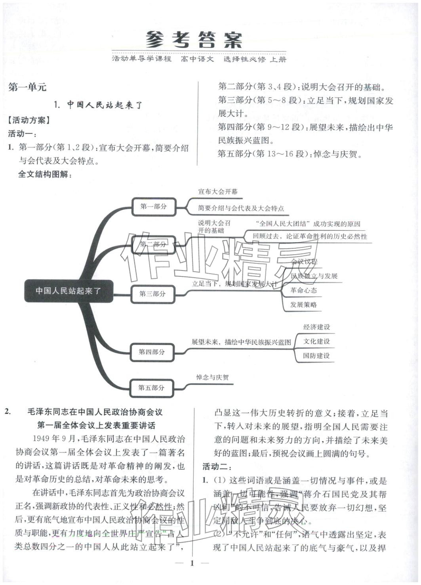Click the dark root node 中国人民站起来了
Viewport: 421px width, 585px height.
click(x=69, y=291)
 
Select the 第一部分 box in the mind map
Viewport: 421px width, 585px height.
click(x=154, y=206)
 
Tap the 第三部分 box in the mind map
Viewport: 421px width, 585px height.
click(x=152, y=294)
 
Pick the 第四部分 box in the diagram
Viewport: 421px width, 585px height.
click(x=152, y=352)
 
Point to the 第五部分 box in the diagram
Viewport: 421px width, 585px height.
click(x=151, y=387)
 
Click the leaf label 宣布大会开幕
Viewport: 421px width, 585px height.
click(x=218, y=192)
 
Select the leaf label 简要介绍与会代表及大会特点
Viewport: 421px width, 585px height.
click(x=241, y=208)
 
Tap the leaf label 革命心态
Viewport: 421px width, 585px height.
click(x=303, y=290)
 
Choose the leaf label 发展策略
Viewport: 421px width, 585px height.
click(x=303, y=305)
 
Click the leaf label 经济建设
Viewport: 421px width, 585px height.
click(x=316, y=327)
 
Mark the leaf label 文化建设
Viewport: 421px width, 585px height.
click(x=316, y=341)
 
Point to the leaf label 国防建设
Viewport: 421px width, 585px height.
click(x=316, y=355)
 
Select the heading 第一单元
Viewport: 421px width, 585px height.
click(x=27, y=87)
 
